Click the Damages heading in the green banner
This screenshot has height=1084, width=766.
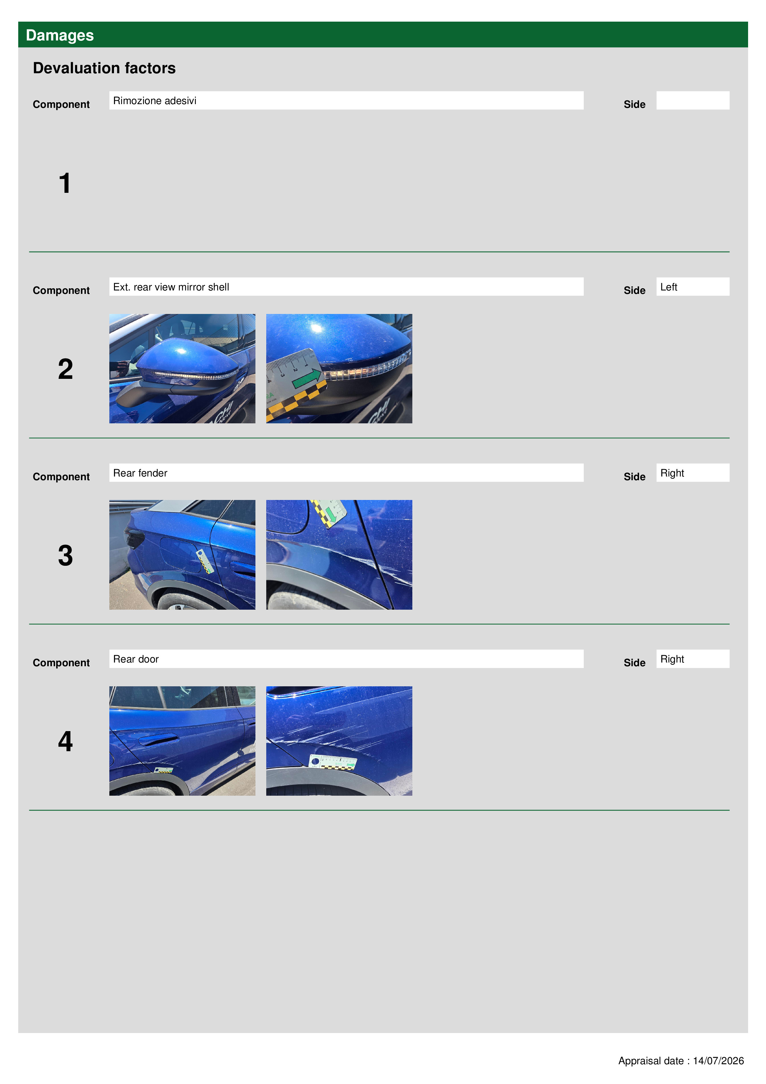coord(60,36)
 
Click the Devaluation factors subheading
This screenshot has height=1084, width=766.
coord(104,68)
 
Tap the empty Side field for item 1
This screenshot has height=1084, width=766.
coord(692,100)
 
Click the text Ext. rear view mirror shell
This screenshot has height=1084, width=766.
coord(171,287)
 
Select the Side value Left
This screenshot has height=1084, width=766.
coord(668,287)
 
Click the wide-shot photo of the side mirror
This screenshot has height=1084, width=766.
coord(182,369)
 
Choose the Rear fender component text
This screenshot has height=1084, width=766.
coord(140,473)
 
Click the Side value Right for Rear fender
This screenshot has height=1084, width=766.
coord(672,473)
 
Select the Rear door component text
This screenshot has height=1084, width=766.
coord(136,659)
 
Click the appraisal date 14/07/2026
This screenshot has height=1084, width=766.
coord(718,1061)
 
